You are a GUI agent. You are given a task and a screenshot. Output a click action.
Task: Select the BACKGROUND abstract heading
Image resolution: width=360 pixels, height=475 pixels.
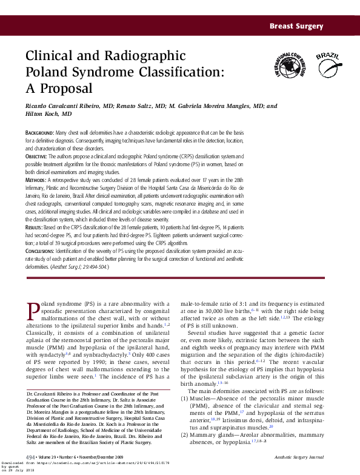pyautogui.click(x=39, y=132)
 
